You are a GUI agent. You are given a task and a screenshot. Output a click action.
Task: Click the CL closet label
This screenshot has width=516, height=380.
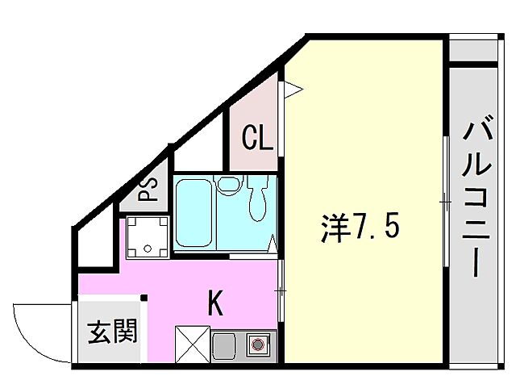(x=258, y=140)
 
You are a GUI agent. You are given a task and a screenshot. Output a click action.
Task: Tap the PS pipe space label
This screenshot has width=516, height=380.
(x=148, y=190)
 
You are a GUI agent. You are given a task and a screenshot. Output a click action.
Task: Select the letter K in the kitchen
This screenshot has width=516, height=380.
(x=216, y=303)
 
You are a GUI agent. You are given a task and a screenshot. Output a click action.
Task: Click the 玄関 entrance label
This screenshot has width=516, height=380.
(x=111, y=331)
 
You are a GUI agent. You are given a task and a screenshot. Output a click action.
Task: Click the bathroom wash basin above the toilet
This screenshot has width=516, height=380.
(x=229, y=185)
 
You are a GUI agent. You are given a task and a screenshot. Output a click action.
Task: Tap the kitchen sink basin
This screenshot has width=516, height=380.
(x=225, y=346)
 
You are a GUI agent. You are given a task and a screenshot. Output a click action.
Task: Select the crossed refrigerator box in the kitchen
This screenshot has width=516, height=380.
(x=192, y=345)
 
